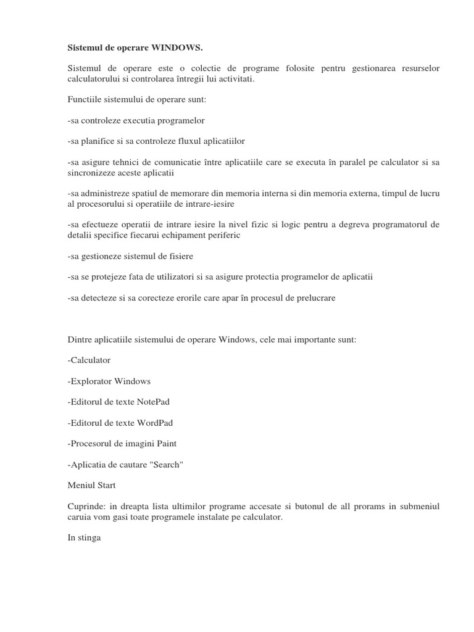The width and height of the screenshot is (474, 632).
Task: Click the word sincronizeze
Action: tap(91, 172)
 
